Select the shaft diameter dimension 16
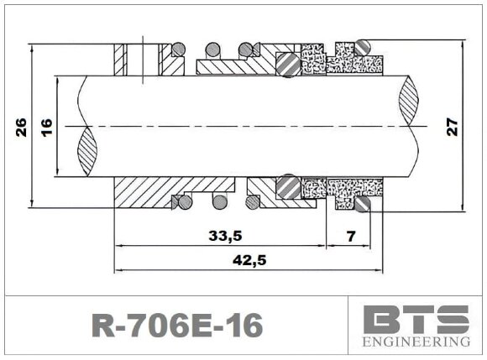pyautogui.click(x=46, y=127)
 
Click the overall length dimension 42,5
pyautogui.click(x=248, y=260)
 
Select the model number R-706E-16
pyautogui.click(x=175, y=326)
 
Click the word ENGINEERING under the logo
pyautogui.click(x=416, y=342)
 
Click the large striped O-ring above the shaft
pyautogui.click(x=287, y=65)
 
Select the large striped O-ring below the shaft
pyautogui.click(x=287, y=187)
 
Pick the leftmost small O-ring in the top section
pyautogui.click(x=178, y=48)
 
